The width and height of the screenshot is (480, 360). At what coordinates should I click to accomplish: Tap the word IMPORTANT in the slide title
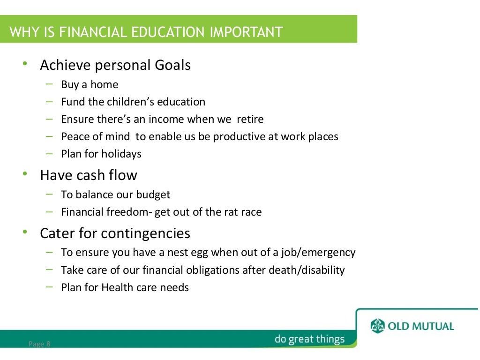tap(247, 32)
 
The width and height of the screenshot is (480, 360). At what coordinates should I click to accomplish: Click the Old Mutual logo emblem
tap(377, 325)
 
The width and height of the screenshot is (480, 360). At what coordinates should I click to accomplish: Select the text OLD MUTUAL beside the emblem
tap(421, 326)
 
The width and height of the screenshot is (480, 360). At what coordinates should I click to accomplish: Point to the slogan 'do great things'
tap(309, 339)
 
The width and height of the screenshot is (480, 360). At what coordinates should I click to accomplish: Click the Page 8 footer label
tap(39, 344)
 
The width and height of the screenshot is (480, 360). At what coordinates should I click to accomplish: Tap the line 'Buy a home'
tap(90, 84)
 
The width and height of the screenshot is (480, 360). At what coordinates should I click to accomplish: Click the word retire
tap(250, 119)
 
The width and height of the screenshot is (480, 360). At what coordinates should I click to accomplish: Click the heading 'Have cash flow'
tap(89, 175)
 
